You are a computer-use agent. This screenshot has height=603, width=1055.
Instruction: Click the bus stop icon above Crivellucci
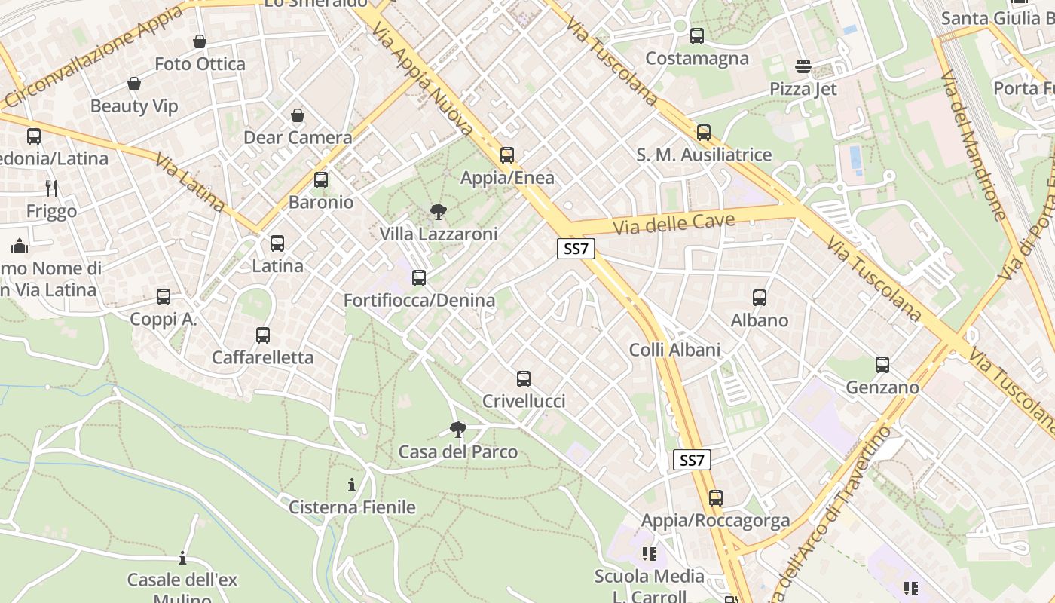pyautogui.click(x=524, y=379)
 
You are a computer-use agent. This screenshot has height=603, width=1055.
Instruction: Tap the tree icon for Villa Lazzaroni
pyautogui.click(x=438, y=212)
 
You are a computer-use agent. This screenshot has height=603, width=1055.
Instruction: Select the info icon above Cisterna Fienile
pyautogui.click(x=351, y=485)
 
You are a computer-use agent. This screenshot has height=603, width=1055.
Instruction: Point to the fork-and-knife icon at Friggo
pyautogui.click(x=51, y=188)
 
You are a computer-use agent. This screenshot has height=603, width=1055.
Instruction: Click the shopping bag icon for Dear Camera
pyautogui.click(x=298, y=115)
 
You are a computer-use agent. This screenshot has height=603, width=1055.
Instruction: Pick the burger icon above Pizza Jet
pyautogui.click(x=803, y=66)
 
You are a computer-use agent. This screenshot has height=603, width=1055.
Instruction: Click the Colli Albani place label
pyautogui.click(x=674, y=350)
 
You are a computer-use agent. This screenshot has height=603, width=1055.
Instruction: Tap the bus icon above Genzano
pyautogui.click(x=882, y=365)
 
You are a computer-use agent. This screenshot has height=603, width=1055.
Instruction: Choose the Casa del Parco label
pyautogui.click(x=457, y=452)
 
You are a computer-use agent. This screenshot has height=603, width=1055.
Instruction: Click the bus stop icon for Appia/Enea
pyautogui.click(x=507, y=155)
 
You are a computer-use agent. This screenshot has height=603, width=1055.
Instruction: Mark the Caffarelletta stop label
pyautogui.click(x=262, y=357)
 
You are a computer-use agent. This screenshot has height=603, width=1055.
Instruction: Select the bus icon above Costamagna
pyautogui.click(x=697, y=35)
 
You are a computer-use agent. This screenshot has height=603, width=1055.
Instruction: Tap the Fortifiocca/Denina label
pyautogui.click(x=419, y=301)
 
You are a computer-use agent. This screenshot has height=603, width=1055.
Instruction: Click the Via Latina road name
pyautogui.click(x=190, y=182)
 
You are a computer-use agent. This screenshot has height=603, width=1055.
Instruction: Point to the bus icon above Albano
pyautogui.click(x=760, y=298)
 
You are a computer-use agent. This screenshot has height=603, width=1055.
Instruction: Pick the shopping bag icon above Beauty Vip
pyautogui.click(x=134, y=84)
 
